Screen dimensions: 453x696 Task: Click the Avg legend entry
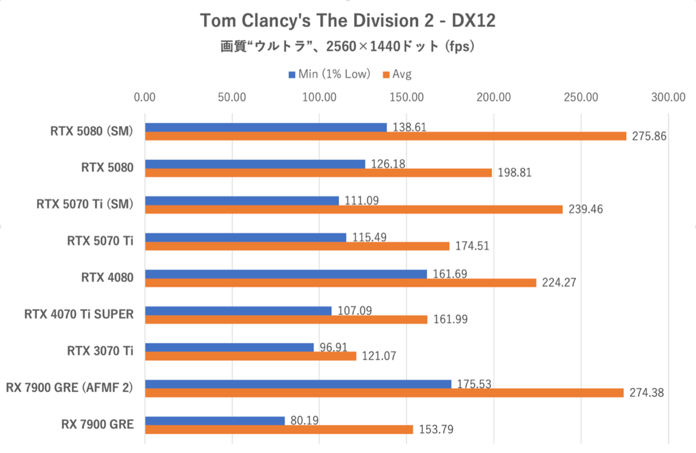click(397, 74)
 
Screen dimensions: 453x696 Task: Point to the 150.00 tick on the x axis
click(407, 98)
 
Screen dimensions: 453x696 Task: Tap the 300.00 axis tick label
click(668, 98)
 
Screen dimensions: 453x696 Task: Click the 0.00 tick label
click(145, 98)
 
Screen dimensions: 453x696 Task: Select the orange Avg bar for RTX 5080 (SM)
click(385, 136)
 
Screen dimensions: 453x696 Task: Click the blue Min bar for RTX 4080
click(286, 274)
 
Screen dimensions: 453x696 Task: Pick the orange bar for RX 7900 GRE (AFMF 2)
click(385, 393)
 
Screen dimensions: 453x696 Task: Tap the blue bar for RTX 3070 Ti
click(229, 347)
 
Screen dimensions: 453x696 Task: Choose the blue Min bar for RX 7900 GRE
click(215, 420)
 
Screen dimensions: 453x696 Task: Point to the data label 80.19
click(304, 420)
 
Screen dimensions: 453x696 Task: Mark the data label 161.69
click(449, 273)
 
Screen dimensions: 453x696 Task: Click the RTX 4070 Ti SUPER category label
click(79, 315)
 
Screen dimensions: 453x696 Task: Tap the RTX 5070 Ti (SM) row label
click(85, 204)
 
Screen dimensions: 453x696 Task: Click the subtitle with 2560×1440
click(348, 46)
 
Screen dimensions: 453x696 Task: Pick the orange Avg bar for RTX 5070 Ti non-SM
click(297, 246)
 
